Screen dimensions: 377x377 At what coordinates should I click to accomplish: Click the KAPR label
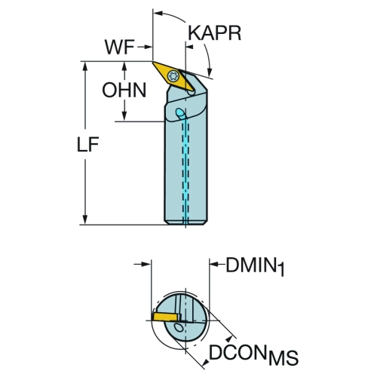(215, 33)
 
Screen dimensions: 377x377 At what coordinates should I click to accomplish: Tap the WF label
(119, 47)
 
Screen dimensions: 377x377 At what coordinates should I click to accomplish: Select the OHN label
(124, 90)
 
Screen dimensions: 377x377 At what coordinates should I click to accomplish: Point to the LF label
(87, 144)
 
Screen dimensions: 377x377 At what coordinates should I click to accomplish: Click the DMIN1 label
(255, 266)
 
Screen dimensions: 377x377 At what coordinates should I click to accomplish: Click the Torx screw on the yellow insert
(173, 75)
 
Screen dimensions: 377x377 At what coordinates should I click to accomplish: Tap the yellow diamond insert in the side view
(173, 76)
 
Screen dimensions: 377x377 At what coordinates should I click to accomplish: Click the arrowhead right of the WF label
(148, 47)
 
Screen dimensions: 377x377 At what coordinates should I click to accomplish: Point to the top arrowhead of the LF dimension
(85, 66)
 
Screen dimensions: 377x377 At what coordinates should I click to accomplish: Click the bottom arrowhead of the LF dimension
(85, 219)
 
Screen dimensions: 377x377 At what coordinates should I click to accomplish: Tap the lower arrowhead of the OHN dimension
(124, 117)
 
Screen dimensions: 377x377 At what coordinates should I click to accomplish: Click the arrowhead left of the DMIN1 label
(214, 264)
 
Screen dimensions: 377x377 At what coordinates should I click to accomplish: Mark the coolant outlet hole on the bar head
(180, 112)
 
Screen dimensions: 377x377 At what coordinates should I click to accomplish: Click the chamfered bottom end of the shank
(185, 222)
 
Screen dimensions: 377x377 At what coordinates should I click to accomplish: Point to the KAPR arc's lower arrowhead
(209, 72)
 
